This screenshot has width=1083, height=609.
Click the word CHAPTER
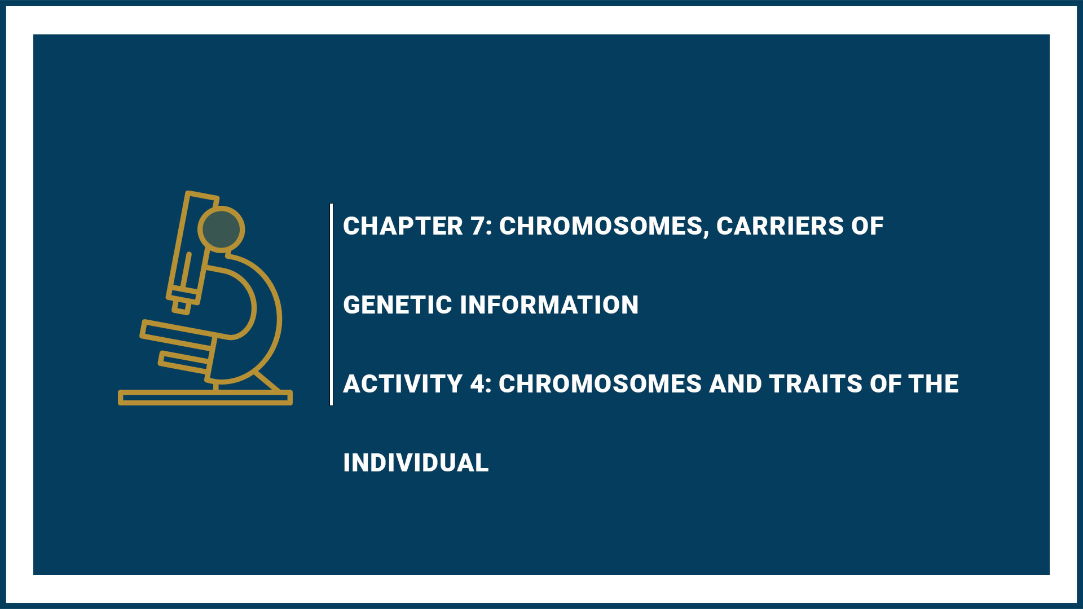pos(403,226)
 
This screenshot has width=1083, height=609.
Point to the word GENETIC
pos(397,305)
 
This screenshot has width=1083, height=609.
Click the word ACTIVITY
pos(403,384)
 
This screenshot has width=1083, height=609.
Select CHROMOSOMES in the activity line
pos(600,384)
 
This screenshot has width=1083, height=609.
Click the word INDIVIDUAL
pos(416,463)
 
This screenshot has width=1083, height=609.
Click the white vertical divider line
pos(331,304)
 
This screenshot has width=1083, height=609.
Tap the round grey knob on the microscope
pos(221,229)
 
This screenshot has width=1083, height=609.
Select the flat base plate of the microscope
pos(205,398)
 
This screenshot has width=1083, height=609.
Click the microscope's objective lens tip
pos(182,306)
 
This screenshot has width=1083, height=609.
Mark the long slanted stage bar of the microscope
pos(178,332)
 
